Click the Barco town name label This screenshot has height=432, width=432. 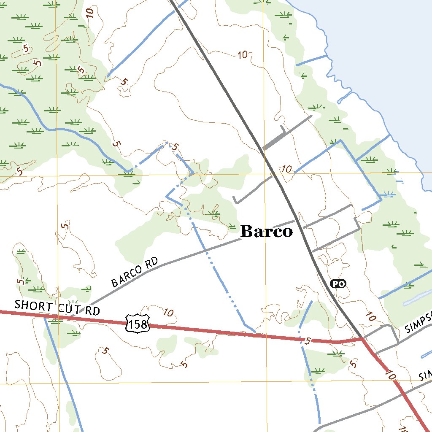click(266, 231)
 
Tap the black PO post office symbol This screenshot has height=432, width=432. click(338, 283)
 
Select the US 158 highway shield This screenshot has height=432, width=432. click(138, 323)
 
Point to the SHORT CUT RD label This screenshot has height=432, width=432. click(57, 308)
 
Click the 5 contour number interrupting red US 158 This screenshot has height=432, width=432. click(307, 340)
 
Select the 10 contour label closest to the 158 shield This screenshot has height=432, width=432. click(168, 313)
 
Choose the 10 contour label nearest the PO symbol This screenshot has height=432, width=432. click(370, 316)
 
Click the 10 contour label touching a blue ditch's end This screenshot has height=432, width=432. click(287, 169)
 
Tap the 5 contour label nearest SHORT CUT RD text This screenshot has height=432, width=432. click(20, 281)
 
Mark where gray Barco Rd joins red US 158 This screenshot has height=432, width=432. click(70, 316)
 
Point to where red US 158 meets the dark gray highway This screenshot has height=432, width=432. click(362, 339)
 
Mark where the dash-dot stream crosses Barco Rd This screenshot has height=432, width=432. click(205, 251)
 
